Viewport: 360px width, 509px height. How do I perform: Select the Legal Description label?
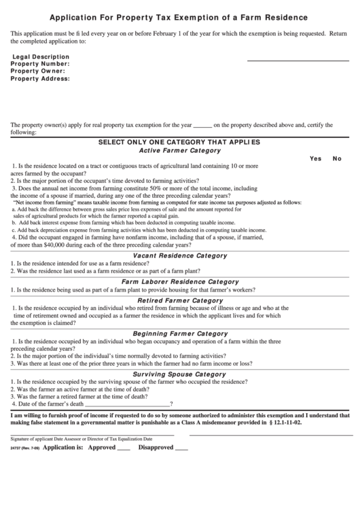[x=41, y=56]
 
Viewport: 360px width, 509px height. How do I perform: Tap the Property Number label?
[x=40, y=63]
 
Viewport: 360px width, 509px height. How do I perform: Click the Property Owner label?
[x=38, y=71]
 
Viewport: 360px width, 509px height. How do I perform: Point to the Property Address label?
[x=41, y=78]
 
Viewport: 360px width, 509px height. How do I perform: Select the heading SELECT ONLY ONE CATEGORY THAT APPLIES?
[x=179, y=142]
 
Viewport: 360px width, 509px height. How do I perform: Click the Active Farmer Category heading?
[x=179, y=150]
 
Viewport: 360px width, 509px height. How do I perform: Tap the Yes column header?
[x=315, y=158]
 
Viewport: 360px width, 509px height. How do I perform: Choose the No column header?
[x=337, y=158]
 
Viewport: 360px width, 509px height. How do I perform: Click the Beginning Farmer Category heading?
[x=179, y=334]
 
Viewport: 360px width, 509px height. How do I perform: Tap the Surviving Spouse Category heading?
[x=179, y=374]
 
